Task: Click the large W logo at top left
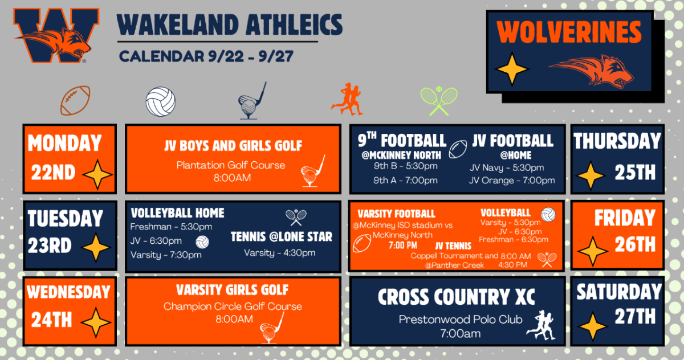point(56,35)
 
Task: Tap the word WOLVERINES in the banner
point(569,32)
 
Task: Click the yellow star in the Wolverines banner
point(512,69)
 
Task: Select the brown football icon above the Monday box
point(75,100)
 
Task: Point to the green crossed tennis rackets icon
point(439,101)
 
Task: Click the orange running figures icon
point(347,99)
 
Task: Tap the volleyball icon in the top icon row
point(161,101)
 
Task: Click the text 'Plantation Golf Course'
point(230,165)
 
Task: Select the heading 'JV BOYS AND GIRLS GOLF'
point(233,146)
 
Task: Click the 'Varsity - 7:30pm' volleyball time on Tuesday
point(166,255)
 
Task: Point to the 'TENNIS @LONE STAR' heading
point(281,237)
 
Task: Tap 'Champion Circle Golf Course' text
point(233,306)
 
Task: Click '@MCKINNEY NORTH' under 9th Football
point(401,156)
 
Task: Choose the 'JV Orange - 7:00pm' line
point(512,181)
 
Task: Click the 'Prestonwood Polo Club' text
point(460,320)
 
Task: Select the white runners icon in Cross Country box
point(541,325)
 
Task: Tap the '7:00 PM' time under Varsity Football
point(403,246)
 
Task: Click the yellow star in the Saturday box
point(592,326)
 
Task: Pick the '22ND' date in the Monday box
point(53,173)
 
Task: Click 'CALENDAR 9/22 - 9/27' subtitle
point(206,56)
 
